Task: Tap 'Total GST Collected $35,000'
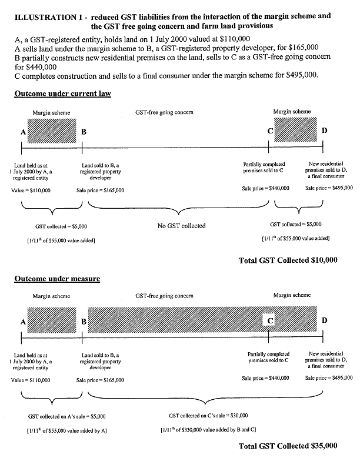288,446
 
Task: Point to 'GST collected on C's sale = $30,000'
208,416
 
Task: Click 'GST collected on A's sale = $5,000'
66,416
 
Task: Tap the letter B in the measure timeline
84,321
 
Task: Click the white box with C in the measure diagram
269,321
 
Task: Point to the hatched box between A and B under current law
52,130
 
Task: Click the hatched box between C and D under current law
296,130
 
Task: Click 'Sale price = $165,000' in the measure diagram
100,380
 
